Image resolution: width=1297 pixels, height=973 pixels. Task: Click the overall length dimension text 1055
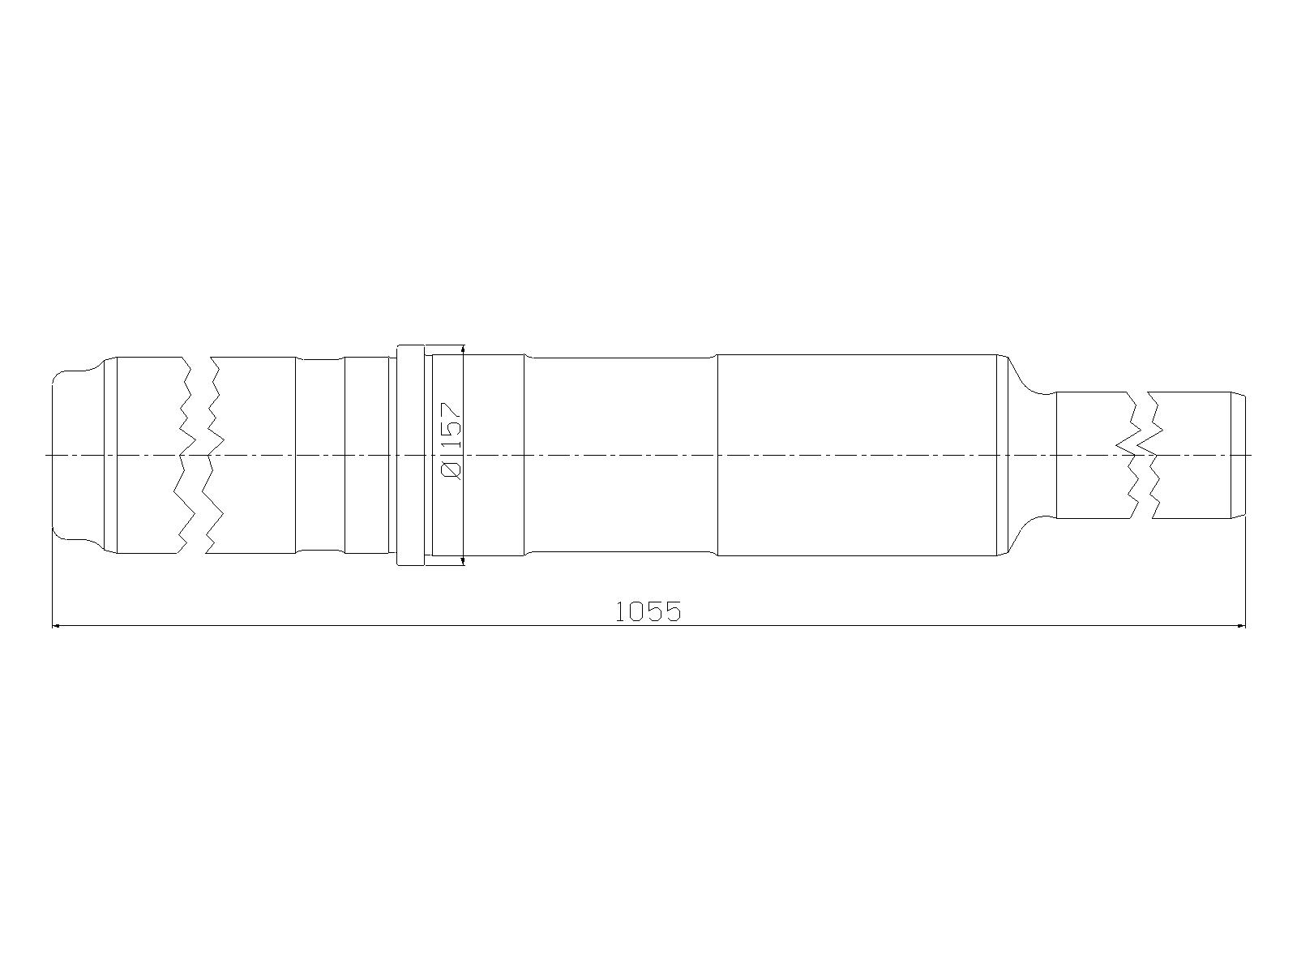tap(648, 611)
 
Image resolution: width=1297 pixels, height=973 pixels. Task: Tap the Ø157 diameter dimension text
tap(451, 441)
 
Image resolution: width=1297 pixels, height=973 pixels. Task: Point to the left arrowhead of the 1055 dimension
tap(57, 625)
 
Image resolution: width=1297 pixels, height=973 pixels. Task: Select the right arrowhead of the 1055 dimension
tap(1239, 625)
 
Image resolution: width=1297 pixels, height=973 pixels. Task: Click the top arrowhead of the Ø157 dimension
tap(463, 349)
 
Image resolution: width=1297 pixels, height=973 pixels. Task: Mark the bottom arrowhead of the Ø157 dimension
tap(463, 560)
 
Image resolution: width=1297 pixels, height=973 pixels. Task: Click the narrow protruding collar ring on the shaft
tap(410, 456)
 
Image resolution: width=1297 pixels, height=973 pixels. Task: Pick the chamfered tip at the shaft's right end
tap(1239, 455)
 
